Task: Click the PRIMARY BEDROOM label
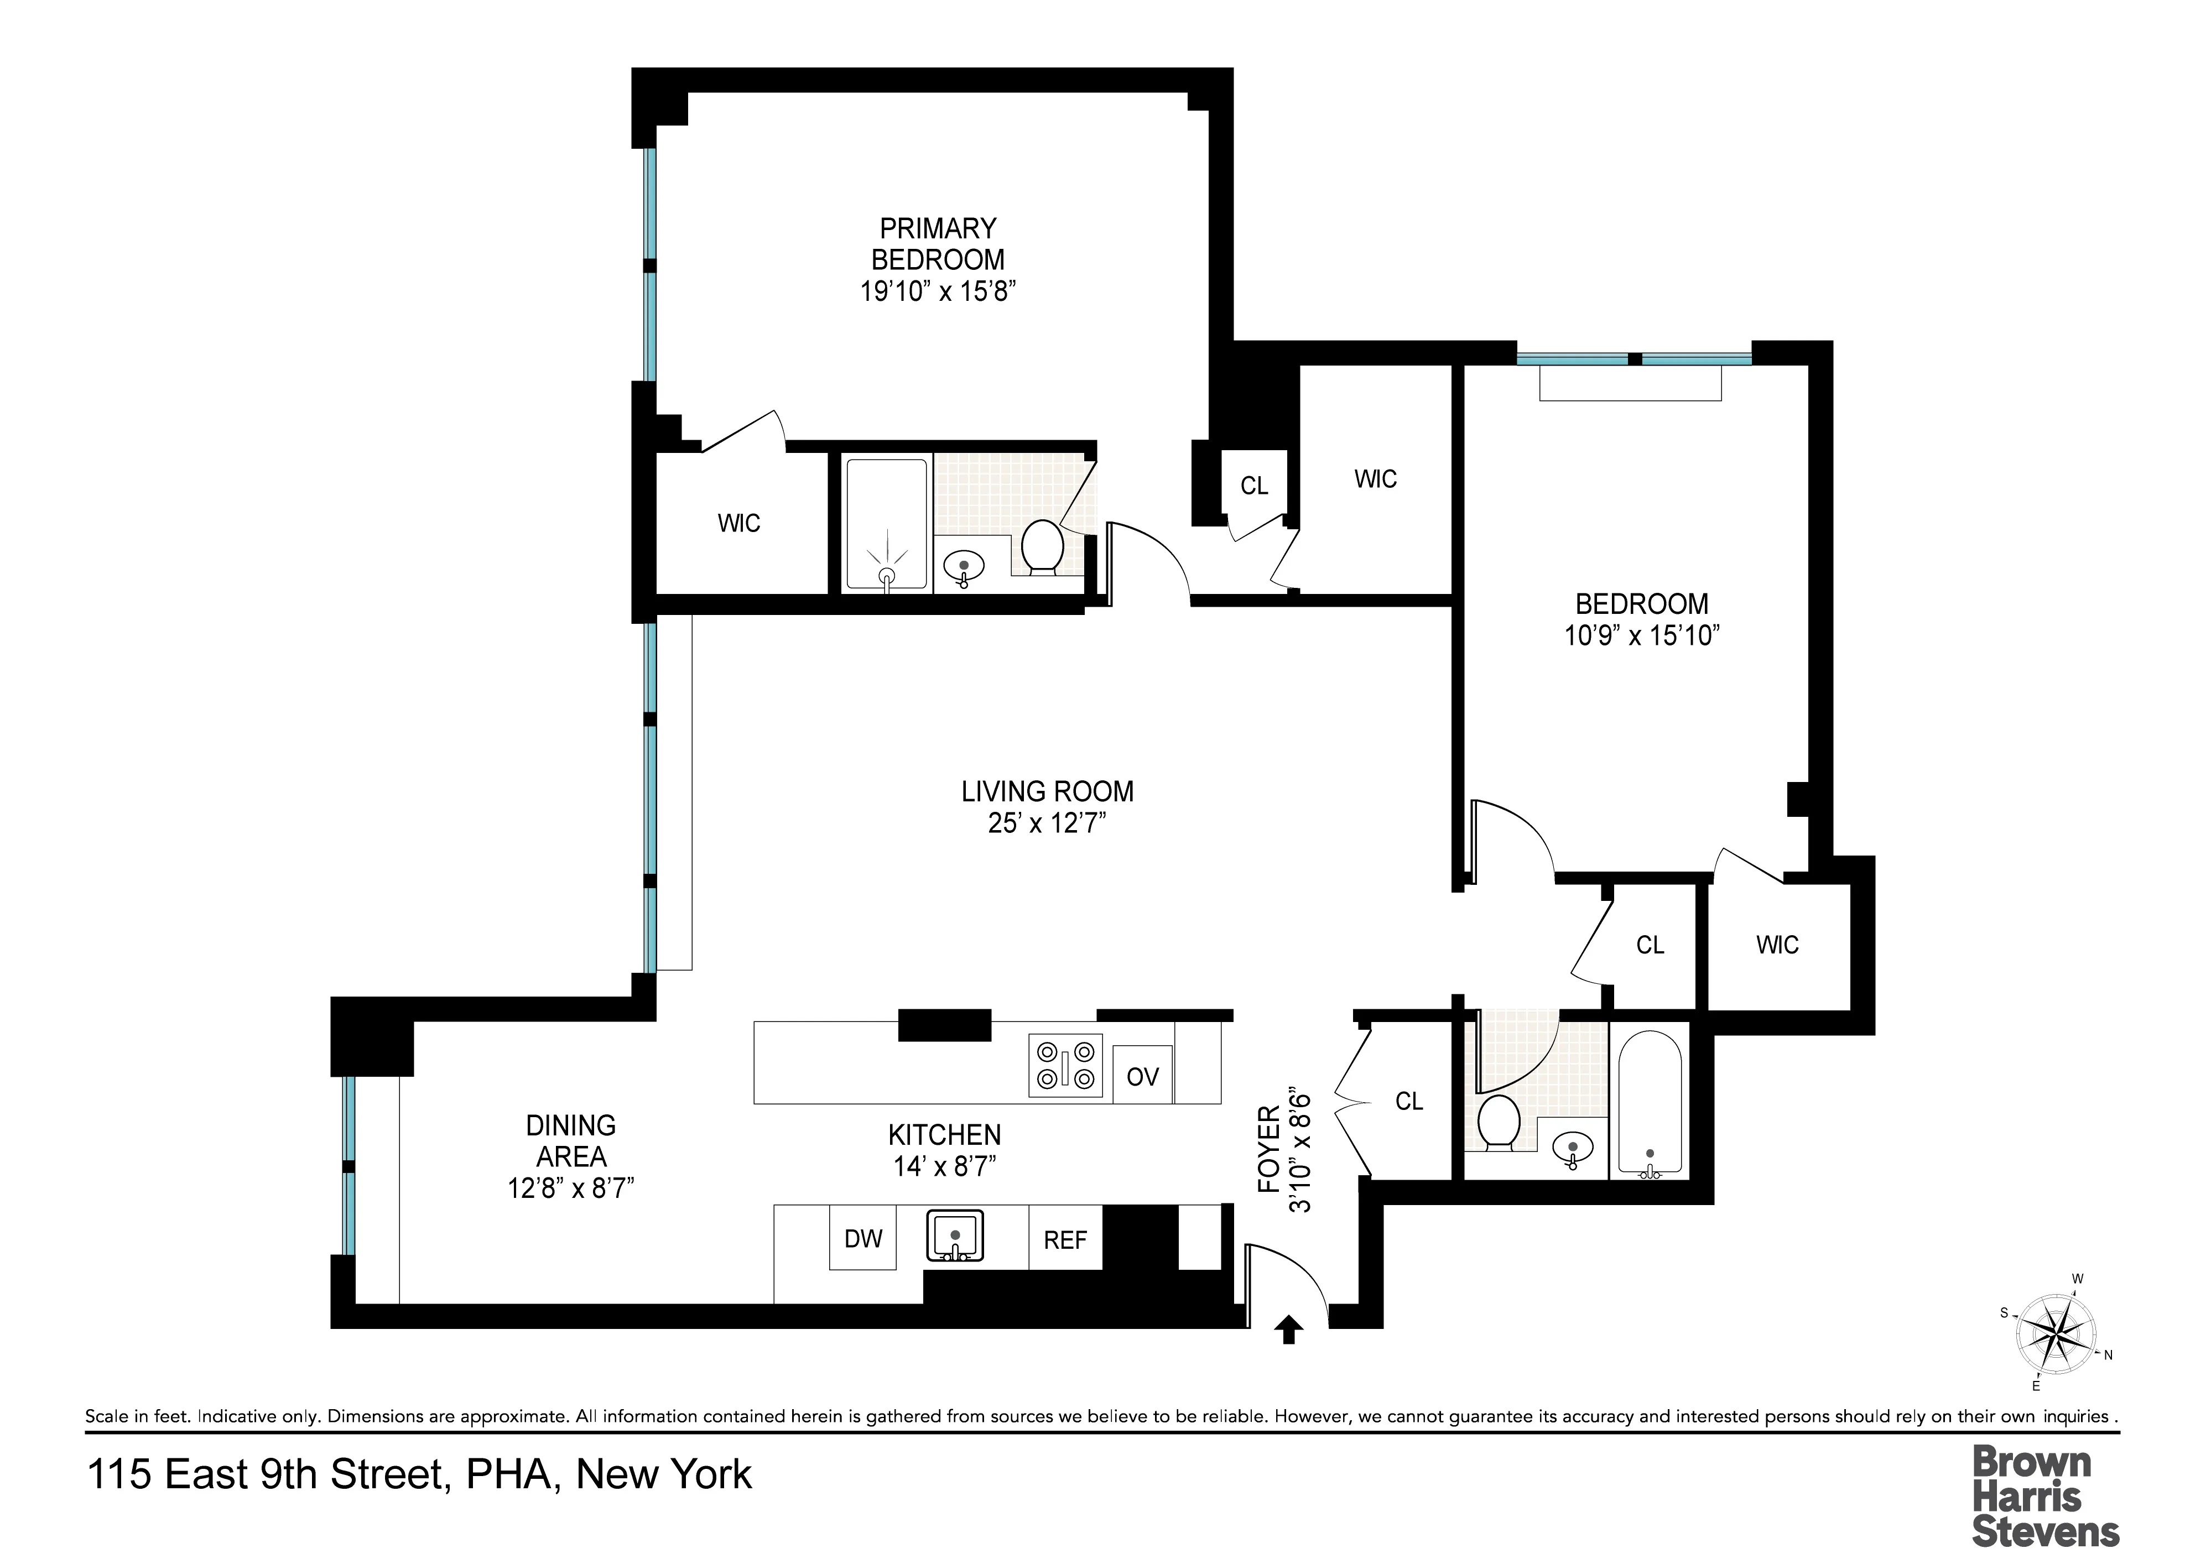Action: click(938, 244)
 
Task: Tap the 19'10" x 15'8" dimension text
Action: click(938, 291)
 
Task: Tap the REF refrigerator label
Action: click(1065, 1240)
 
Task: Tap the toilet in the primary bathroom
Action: click(1042, 547)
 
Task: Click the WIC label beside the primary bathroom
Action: click(738, 524)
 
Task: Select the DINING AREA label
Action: click(571, 1140)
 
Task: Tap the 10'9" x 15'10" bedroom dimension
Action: click(1642, 635)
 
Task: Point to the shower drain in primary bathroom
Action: click(887, 575)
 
